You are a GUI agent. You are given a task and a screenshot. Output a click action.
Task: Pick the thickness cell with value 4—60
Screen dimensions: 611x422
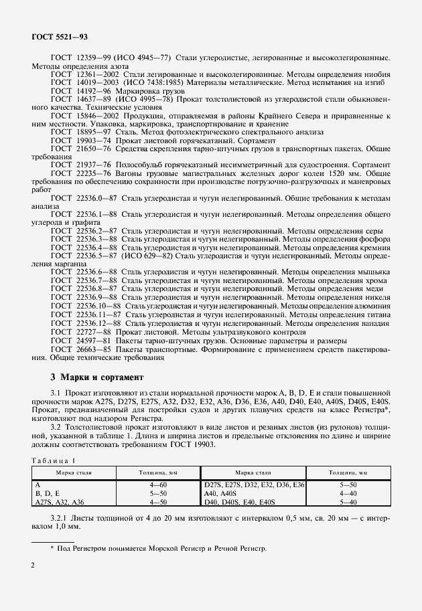[x=158, y=484]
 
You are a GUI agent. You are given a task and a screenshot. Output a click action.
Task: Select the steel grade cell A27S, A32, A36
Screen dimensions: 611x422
[x=59, y=500]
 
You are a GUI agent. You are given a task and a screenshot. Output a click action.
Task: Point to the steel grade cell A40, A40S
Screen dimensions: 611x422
[x=221, y=492]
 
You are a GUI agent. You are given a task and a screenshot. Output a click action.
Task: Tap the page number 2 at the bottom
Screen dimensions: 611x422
[x=33, y=565]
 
